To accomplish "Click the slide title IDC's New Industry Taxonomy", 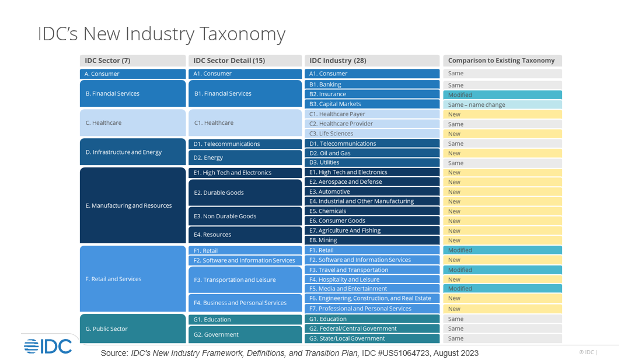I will pos(162,34).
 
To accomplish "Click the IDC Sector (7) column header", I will pos(132,61).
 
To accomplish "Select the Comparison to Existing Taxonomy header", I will pos(502,61).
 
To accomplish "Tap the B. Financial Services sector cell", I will pos(132,93).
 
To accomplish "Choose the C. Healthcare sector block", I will pos(132,123).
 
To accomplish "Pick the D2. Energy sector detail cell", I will pos(245,158).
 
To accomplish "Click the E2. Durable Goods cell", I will pos(245,193).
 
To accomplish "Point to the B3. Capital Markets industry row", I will pos(372,104).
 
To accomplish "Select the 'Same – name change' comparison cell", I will pos(502,105).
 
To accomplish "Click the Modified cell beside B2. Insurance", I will pos(502,95).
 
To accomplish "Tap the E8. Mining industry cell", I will pos(372,240).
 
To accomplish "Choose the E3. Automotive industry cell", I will pos(372,191).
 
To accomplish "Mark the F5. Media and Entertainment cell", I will pos(372,288).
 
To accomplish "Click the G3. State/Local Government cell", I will pos(372,338).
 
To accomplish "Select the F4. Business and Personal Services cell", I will pos(245,303).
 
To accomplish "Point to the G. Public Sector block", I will pos(132,329).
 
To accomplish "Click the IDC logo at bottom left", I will pos(48,345).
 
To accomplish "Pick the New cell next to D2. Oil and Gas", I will pos(502,153).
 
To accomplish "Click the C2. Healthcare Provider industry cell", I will pos(372,124).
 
